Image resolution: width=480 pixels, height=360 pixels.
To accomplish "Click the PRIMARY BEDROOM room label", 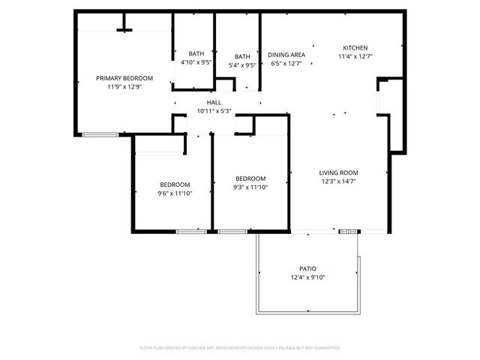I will (x=124, y=78).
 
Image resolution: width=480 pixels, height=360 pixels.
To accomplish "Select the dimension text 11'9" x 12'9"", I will (x=124, y=87).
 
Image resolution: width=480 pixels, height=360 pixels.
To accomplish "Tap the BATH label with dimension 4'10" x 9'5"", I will (x=196, y=53).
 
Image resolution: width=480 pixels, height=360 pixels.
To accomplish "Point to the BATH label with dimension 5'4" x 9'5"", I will (x=242, y=56).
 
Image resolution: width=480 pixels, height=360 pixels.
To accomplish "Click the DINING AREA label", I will (x=286, y=55).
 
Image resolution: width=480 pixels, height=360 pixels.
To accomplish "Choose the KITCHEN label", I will (x=355, y=47).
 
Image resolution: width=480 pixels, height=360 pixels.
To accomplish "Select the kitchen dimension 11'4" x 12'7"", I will (x=355, y=56).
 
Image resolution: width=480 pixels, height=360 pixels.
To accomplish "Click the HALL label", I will (x=214, y=102).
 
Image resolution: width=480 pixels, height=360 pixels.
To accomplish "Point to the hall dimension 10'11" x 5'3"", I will (x=214, y=111).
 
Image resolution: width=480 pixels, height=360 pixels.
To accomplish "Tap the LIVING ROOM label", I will (x=339, y=172).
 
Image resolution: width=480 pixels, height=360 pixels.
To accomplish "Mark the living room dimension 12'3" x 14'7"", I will (x=339, y=181).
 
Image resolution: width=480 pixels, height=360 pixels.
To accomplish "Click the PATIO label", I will (x=307, y=268).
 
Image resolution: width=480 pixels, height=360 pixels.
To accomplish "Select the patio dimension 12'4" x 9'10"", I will (x=307, y=277).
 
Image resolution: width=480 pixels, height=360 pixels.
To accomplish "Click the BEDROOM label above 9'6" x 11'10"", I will (x=174, y=184).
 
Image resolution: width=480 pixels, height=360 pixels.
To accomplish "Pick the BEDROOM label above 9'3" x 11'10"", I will (x=250, y=178).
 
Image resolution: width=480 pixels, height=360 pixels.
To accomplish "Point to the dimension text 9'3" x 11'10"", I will (x=250, y=187).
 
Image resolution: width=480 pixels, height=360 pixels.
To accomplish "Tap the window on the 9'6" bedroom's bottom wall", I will (x=191, y=231).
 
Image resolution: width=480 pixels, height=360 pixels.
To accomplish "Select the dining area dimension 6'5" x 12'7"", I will (x=286, y=64).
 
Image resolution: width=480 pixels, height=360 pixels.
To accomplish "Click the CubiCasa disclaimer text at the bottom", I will (x=240, y=348).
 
